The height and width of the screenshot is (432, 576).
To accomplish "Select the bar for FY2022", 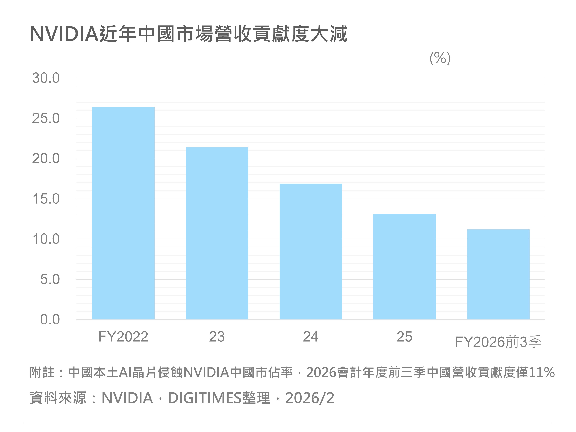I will [123, 213].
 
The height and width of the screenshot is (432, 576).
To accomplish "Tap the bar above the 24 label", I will [311, 252].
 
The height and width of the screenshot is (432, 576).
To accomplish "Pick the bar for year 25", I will [404, 267].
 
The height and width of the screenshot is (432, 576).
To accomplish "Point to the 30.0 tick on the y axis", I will [46, 78].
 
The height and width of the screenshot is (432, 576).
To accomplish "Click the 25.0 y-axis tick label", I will [46, 118].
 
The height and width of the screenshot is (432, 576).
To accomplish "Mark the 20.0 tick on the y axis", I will [46, 159].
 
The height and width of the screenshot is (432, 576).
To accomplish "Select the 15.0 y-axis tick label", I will [46, 199].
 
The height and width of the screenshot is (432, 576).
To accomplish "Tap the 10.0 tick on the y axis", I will [46, 239].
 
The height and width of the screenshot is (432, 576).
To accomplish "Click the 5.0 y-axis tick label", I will [50, 279].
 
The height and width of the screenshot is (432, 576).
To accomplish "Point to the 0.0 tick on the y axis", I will [50, 319].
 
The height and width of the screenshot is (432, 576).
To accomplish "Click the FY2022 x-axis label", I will [123, 337].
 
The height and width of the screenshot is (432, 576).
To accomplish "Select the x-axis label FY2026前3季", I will [498, 342].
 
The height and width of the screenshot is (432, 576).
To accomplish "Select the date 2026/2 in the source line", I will [310, 398].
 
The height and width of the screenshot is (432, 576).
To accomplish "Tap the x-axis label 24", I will [311, 337].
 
